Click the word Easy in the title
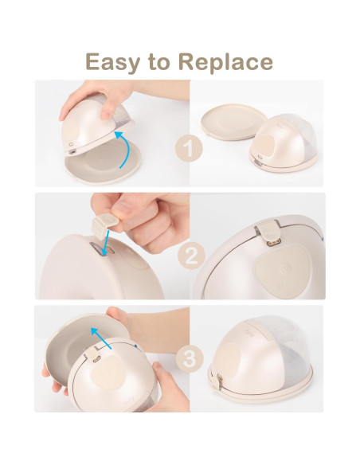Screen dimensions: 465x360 tap(113, 61)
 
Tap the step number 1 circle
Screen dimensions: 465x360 tap(187, 148)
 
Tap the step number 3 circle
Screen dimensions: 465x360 tap(187, 358)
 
